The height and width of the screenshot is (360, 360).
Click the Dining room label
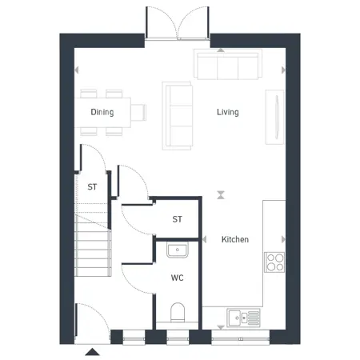pos(102,112)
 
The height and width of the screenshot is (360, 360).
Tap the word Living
pos(228,112)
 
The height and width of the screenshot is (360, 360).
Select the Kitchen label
pos(235,239)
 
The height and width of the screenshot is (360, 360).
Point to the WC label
pos(178,278)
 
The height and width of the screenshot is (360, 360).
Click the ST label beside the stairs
pos(92,187)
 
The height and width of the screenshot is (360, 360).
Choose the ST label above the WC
pos(178,219)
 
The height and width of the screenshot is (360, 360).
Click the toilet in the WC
pos(178,312)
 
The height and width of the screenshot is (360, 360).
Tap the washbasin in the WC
pos(178,250)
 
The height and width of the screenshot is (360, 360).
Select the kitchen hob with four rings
pos(274,262)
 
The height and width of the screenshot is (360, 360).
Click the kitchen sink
pos(243,318)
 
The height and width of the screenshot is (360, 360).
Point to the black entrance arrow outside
pos(92,352)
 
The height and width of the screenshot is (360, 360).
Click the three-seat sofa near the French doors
pos(228,64)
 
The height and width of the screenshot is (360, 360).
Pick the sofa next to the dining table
pos(178,116)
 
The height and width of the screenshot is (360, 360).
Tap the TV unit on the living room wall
pos(274,117)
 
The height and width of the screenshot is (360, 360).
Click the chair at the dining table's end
pos(138,112)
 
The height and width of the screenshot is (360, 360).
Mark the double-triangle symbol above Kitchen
pos(221,195)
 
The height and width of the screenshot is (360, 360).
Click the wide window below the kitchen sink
pos(241,339)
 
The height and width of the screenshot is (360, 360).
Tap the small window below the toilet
pos(178,339)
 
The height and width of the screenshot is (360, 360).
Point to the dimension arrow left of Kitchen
pos(205,239)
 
